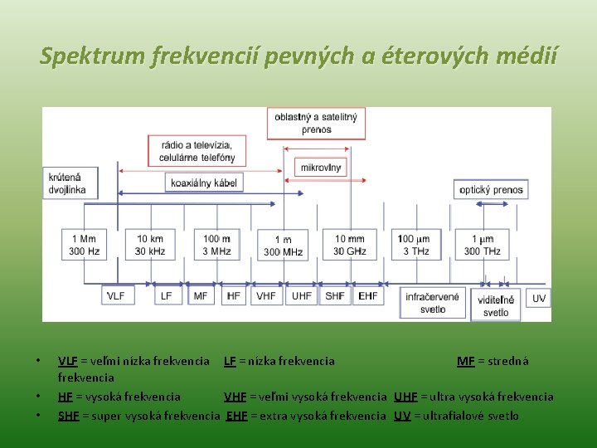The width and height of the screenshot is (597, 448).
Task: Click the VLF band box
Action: [116, 295]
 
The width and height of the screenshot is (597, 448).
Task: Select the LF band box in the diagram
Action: [167, 295]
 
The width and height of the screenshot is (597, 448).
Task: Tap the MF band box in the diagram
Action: [201, 295]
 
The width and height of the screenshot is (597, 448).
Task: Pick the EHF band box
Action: [367, 295]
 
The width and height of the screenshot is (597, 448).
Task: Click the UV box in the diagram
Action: [539, 298]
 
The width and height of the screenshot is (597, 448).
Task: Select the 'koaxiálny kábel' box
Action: [204, 183]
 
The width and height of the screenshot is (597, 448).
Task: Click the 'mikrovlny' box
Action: [321, 167]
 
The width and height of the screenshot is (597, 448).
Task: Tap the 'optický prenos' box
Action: [492, 189]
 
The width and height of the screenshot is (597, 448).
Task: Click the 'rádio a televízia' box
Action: [192, 150]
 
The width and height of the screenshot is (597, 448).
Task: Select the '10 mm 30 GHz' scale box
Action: [350, 245]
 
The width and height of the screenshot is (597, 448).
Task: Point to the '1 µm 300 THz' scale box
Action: [483, 245]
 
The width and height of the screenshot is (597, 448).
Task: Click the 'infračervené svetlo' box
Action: [432, 303]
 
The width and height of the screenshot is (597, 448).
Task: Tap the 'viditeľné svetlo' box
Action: [496, 305]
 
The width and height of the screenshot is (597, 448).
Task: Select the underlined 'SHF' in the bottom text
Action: [70, 416]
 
